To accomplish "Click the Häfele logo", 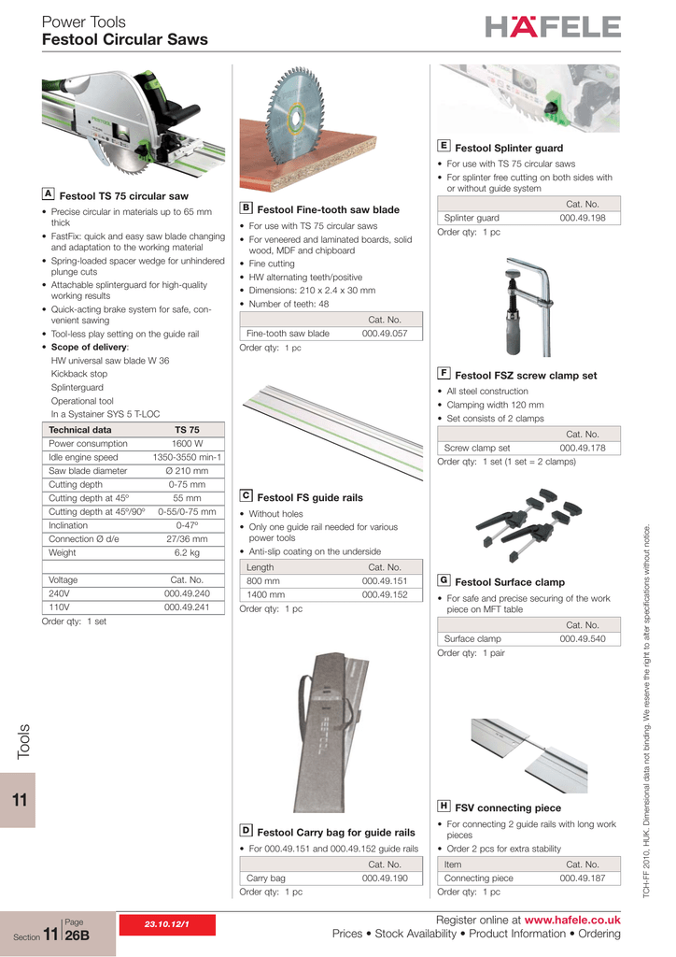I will (x=552, y=27).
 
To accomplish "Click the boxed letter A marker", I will (x=48, y=193).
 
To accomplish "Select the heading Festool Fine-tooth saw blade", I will (x=328, y=209).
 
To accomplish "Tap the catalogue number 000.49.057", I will (x=384, y=334).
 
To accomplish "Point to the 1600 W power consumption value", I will (x=187, y=444).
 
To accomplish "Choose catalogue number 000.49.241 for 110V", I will (x=187, y=607).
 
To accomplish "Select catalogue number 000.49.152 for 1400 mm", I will (x=385, y=594).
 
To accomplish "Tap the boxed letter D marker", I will (x=246, y=829).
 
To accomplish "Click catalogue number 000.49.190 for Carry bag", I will (x=385, y=878).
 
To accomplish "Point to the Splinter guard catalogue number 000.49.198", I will (x=583, y=218).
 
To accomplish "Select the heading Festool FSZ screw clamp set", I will (x=526, y=376).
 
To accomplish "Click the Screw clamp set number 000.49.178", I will (x=583, y=449).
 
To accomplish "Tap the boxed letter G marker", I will (x=444, y=579).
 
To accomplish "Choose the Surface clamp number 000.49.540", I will (x=583, y=639).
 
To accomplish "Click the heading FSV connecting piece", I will (x=508, y=807).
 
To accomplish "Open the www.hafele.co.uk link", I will (x=572, y=921).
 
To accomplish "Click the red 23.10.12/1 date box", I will (x=165, y=924).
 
